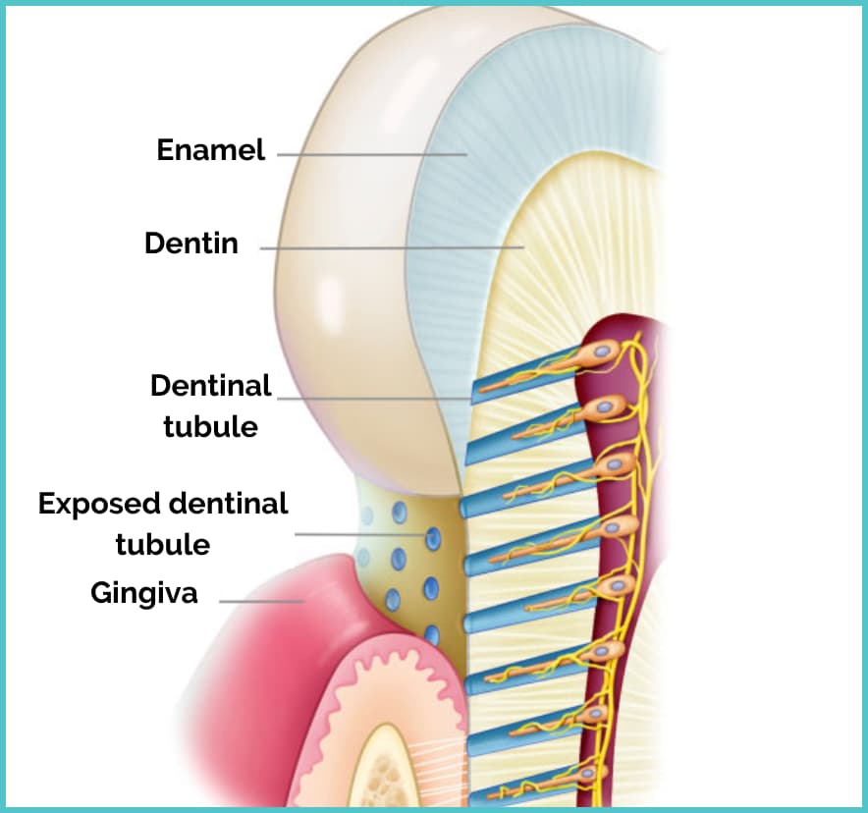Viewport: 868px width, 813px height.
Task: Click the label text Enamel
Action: (211, 150)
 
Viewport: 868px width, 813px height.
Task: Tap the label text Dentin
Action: (191, 243)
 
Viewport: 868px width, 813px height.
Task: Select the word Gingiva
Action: (144, 593)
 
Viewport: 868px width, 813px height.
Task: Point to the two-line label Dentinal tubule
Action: (210, 406)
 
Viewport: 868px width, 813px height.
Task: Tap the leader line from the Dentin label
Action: (393, 247)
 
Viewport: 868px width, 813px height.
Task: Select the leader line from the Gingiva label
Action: (261, 600)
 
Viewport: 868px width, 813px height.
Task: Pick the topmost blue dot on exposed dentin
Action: (401, 512)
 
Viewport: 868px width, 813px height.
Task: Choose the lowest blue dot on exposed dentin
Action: (432, 635)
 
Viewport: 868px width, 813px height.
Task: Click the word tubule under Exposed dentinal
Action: (162, 544)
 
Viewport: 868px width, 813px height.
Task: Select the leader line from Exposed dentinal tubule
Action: (363, 534)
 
